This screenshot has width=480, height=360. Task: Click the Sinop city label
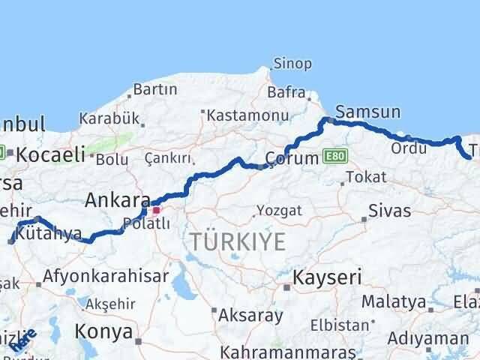(x=292, y=64)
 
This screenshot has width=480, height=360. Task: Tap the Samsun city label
(x=367, y=112)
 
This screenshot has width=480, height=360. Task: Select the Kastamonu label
(x=238, y=115)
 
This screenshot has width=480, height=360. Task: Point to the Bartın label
(x=154, y=89)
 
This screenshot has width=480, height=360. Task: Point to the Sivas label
(x=389, y=211)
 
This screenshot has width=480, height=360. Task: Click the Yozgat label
(x=279, y=211)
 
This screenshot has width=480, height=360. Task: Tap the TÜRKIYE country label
(x=238, y=241)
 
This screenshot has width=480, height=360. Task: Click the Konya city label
(x=103, y=331)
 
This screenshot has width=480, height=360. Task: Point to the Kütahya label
(x=52, y=234)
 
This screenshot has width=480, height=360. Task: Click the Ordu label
(x=408, y=148)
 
